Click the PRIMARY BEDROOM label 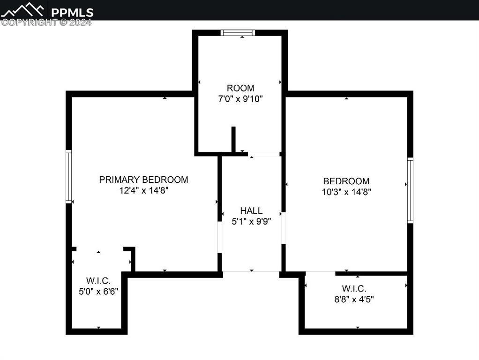click(x=143, y=180)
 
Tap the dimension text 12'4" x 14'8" click(x=144, y=190)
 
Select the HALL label click(x=251, y=210)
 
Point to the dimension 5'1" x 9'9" click(x=251, y=221)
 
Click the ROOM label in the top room click(x=240, y=88)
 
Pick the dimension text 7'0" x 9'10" click(x=240, y=99)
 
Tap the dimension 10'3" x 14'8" click(x=346, y=192)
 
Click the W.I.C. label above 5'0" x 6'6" click(x=98, y=280)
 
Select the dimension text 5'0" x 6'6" click(x=98, y=292)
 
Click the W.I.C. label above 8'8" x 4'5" click(x=354, y=288)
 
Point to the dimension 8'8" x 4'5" click(x=354, y=299)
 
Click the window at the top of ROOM click(x=238, y=33)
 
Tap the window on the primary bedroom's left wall click(x=69, y=177)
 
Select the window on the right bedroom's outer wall click(x=410, y=190)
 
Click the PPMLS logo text click(x=72, y=13)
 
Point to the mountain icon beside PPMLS click(x=22, y=10)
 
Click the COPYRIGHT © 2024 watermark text click(x=46, y=22)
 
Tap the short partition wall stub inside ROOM click(x=233, y=139)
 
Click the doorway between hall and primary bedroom click(x=219, y=237)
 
